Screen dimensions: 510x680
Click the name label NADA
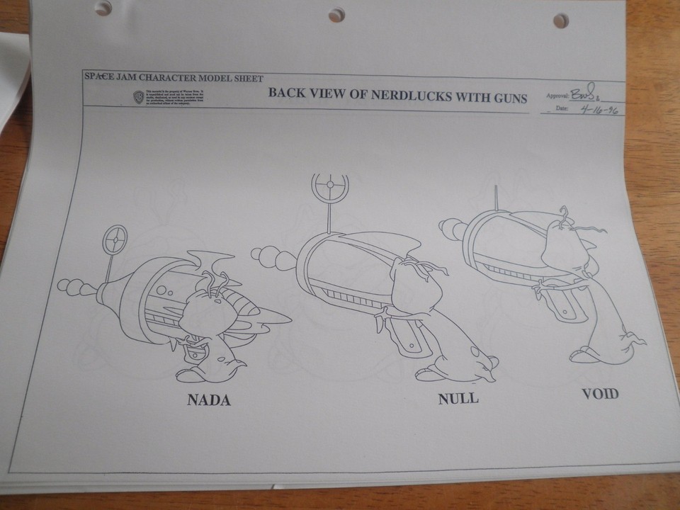[209, 400]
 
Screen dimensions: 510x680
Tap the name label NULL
[458, 398]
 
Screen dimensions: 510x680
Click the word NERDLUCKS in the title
[397, 96]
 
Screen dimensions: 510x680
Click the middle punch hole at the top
[336, 14]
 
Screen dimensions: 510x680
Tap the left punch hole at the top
[106, 8]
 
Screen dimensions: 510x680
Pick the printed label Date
[562, 109]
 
